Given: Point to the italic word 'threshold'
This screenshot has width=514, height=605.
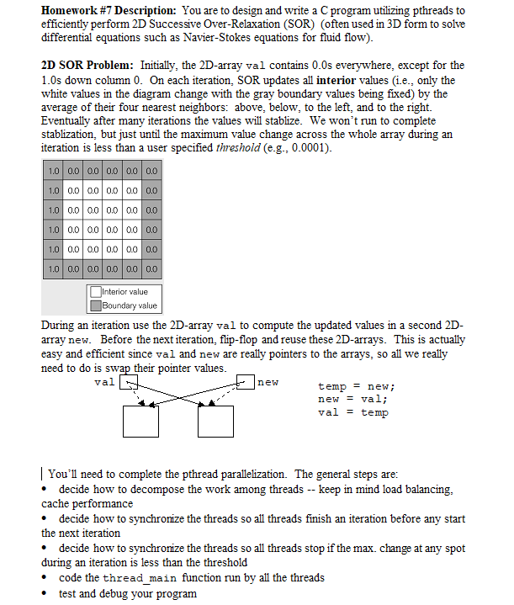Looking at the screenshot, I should [x=241, y=147].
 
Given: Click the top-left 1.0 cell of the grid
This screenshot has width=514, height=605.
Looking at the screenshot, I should [x=54, y=172].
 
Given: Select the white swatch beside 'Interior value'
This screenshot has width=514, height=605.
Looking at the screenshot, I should [x=97, y=292].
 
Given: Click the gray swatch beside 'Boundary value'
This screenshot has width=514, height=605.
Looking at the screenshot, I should [x=97, y=305].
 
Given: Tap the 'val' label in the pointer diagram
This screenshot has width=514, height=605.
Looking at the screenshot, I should [x=105, y=382].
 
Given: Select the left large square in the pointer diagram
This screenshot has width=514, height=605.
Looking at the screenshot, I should [x=140, y=420].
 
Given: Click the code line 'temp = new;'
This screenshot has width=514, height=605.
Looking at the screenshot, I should [x=357, y=386].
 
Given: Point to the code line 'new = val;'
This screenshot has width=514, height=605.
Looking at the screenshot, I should [x=353, y=399].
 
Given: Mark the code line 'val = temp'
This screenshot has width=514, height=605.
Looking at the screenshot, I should [x=353, y=412].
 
